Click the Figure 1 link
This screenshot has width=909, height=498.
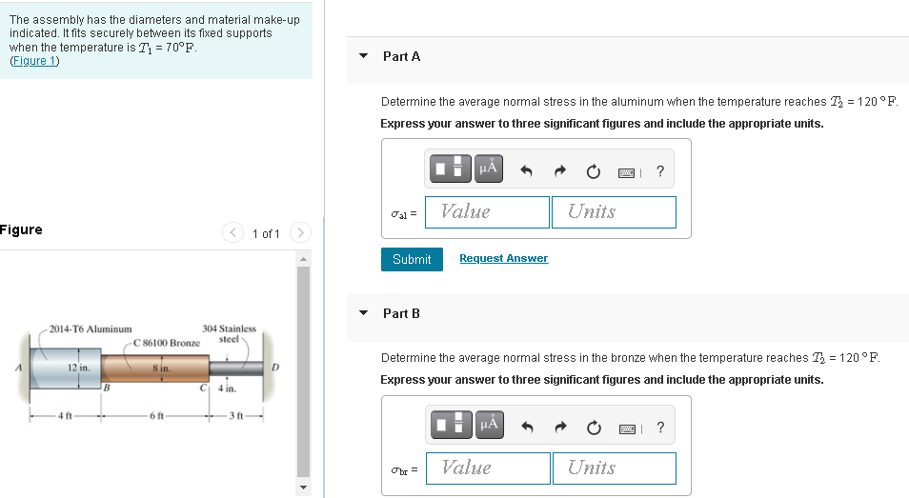pyautogui.click(x=35, y=61)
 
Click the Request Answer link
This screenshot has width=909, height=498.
pyautogui.click(x=503, y=258)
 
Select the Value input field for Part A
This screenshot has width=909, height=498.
pyautogui.click(x=487, y=212)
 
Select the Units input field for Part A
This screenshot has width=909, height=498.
pyautogui.click(x=614, y=212)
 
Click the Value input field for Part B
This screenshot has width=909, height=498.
pyautogui.click(x=488, y=468)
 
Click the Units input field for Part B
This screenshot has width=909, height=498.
pyautogui.click(x=615, y=468)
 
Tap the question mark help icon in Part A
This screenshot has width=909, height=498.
pyautogui.click(x=659, y=171)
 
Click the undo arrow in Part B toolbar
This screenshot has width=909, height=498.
pyautogui.click(x=526, y=428)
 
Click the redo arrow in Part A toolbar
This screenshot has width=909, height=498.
pyautogui.click(x=559, y=170)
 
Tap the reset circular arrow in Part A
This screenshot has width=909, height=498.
pyautogui.click(x=593, y=171)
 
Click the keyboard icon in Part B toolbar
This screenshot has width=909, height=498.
pyautogui.click(x=627, y=428)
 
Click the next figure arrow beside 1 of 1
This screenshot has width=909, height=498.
pyautogui.click(x=300, y=232)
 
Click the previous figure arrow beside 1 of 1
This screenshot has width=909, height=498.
pyautogui.click(x=232, y=232)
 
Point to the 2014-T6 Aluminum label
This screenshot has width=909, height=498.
pyautogui.click(x=91, y=329)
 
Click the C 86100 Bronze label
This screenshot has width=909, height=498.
pyautogui.click(x=167, y=343)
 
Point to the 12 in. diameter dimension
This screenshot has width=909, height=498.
pyautogui.click(x=78, y=368)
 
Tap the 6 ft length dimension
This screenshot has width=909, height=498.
pyautogui.click(x=156, y=416)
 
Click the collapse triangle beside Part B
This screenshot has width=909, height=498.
pyautogui.click(x=363, y=313)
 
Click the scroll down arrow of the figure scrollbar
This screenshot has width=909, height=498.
pyautogui.click(x=303, y=488)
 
